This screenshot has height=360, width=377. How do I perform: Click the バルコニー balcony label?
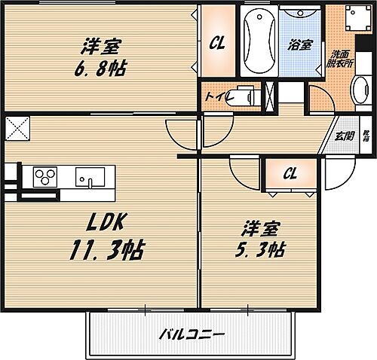pyautogui.click(x=192, y=334)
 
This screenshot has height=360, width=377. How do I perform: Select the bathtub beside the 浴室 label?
pyautogui.click(x=259, y=38)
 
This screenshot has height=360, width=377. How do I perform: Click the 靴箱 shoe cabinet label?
pyautogui.click(x=366, y=136)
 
